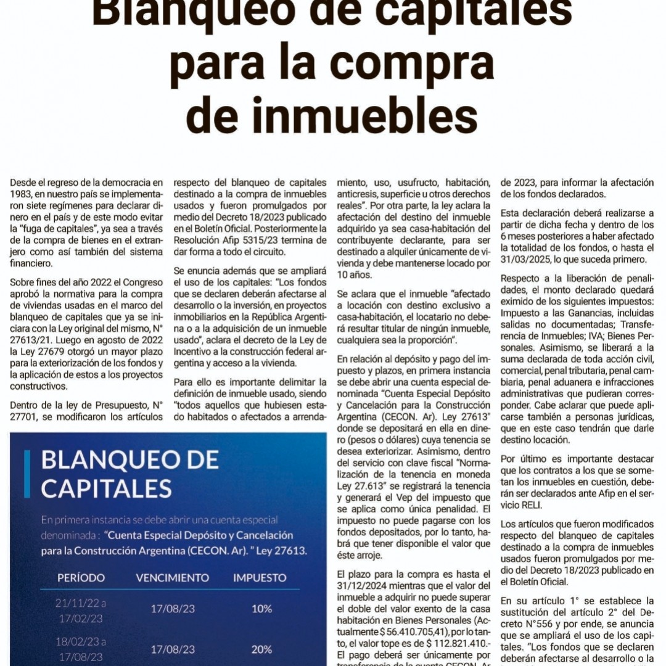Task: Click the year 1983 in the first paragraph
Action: [x=22, y=194]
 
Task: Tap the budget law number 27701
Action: [x=26, y=416]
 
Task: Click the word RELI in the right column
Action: [x=514, y=504]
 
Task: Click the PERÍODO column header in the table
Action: [x=81, y=578]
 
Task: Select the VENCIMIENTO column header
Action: [x=172, y=578]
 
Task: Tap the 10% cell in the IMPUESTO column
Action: [x=261, y=609]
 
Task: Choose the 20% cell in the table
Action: [x=261, y=649]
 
